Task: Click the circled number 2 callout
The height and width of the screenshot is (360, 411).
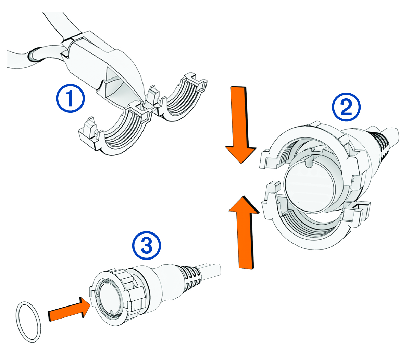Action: [346, 108]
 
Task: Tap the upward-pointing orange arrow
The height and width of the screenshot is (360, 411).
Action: [244, 233]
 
